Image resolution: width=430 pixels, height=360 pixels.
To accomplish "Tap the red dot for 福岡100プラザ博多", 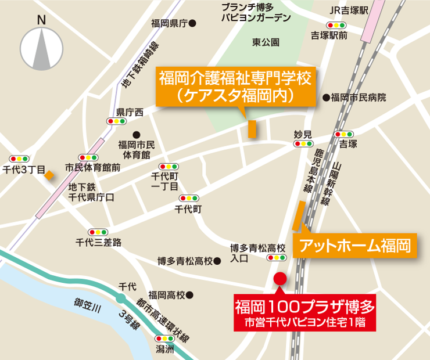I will [279, 278].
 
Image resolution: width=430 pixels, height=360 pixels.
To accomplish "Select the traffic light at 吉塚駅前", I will [336, 25].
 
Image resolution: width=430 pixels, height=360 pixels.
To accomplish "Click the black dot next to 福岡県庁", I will [193, 24].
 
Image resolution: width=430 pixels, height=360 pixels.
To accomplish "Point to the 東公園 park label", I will [266, 42].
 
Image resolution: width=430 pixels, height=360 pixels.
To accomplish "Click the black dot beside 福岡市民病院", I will [326, 98].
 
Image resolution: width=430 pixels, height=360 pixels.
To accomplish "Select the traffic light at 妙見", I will [303, 143].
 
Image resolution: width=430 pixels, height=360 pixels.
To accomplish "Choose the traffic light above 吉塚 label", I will [344, 134].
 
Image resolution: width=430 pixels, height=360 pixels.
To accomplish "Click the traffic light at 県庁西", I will [116, 121].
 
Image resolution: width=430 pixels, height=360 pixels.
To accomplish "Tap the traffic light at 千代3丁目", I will [20, 159].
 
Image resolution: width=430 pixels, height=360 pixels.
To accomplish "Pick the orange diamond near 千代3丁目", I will [51, 175].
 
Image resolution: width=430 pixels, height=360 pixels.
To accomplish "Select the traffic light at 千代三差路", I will [97, 232].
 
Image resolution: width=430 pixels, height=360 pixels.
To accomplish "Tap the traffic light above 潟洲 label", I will [164, 339].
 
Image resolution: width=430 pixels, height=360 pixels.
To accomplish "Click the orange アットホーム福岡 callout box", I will [355, 245].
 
